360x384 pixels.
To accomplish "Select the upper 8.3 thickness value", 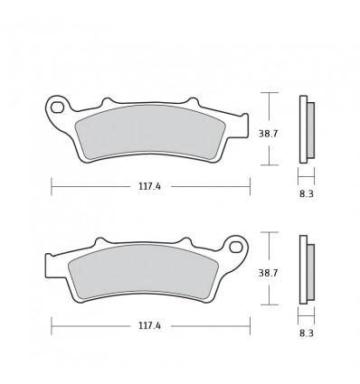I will [x=307, y=192].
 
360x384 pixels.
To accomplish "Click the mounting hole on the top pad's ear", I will [x=58, y=108].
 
